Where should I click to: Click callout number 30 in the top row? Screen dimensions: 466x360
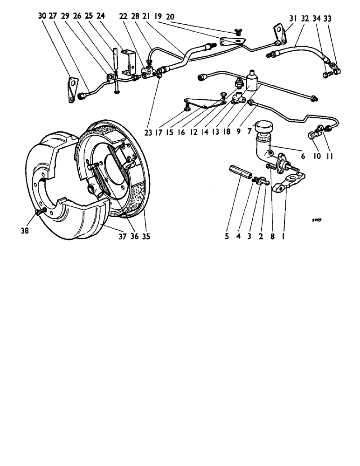tap(42, 16)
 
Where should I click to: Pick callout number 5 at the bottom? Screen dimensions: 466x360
tap(227, 236)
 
